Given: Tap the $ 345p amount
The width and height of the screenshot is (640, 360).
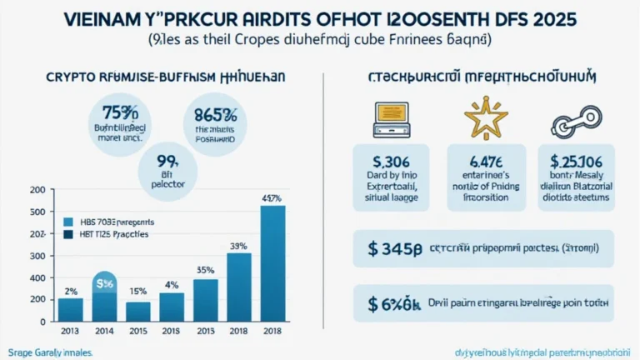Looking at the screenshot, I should tap(397, 247).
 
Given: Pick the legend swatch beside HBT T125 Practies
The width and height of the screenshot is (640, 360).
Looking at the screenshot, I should tap(68, 235).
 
